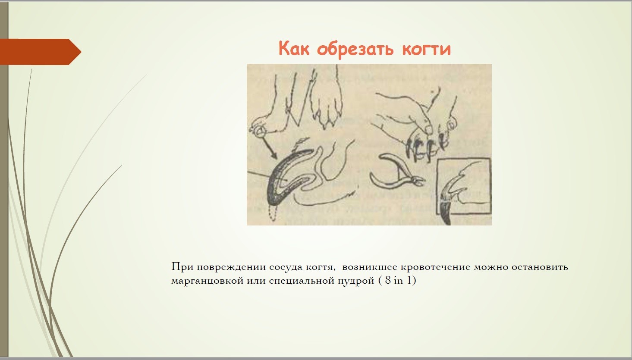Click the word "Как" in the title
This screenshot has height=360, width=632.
coord(294,48)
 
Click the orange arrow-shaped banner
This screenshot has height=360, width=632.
coord(41,52)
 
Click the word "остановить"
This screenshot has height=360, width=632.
coord(539,267)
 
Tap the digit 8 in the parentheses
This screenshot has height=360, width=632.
coord(388,280)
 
